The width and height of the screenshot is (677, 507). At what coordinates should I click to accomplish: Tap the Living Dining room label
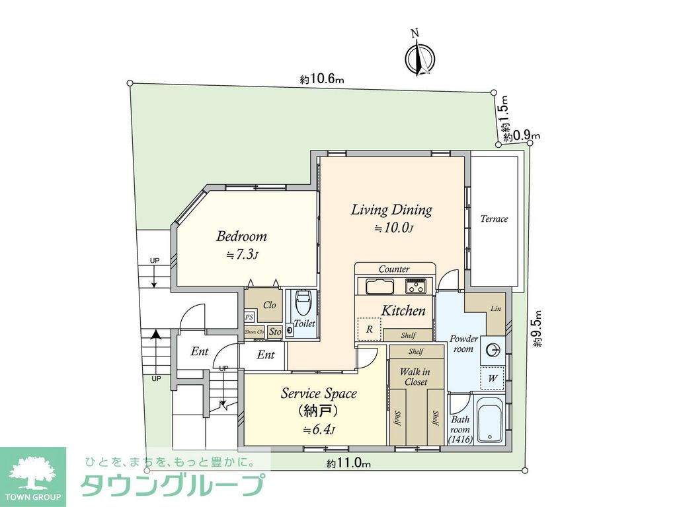coord(391,211)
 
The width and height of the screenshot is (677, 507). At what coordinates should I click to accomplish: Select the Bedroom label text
coord(241,236)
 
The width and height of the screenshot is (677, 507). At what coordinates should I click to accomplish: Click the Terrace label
coord(494,219)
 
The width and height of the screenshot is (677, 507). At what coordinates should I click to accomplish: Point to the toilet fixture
coord(303,304)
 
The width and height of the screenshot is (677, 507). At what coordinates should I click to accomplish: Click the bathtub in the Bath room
coord(490,420)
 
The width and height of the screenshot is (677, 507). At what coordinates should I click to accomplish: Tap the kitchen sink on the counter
coord(376,287)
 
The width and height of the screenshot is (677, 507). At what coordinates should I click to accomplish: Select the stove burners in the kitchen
coord(416,287)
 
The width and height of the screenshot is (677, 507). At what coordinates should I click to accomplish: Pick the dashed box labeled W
coord(493,378)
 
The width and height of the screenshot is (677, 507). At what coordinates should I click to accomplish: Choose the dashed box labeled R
coord(369,329)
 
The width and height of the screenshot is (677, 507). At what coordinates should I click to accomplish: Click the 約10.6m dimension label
coord(322,80)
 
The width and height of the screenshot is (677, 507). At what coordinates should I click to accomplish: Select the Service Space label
coord(319,393)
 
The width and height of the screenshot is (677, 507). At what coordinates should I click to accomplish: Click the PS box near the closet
coord(249,318)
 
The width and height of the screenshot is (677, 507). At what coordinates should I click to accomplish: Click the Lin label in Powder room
coord(496,309)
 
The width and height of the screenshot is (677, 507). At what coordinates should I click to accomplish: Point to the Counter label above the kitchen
coord(393,269)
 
